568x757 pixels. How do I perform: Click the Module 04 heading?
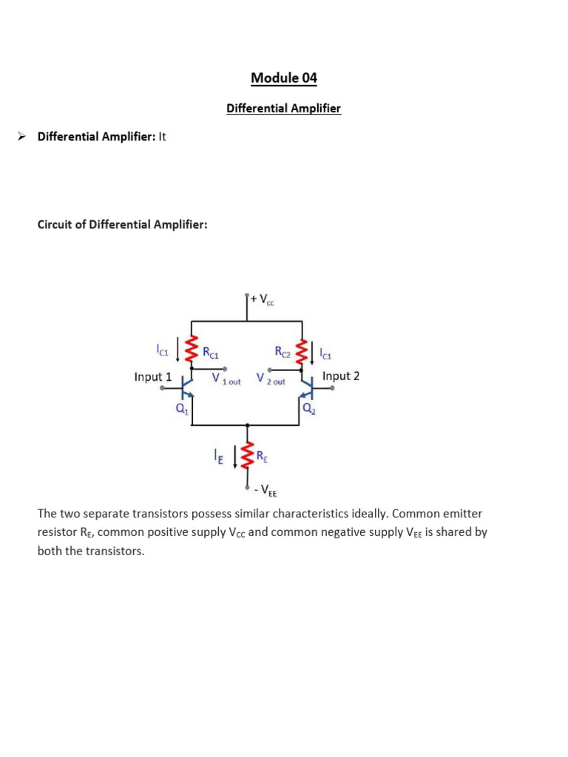click(284, 78)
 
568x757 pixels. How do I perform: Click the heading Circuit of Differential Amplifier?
click(123, 224)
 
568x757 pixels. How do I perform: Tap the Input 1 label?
click(152, 377)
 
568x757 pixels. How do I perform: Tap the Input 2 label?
click(341, 376)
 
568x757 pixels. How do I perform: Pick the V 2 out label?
click(271, 379)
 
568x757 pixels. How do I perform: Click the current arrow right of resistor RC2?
click(316, 351)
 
